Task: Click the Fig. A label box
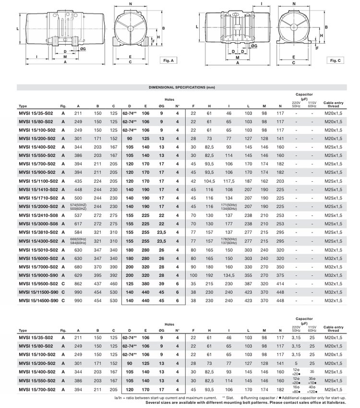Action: pyautogui.click(x=168, y=61)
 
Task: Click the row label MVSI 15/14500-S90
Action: pyautogui.click(x=38, y=300)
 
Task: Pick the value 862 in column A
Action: pyautogui.click(x=78, y=283)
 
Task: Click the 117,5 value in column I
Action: pyautogui.click(x=228, y=181)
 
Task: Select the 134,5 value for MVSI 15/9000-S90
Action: pyautogui.click(x=228, y=275)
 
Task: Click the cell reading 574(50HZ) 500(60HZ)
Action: pyautogui.click(x=78, y=207)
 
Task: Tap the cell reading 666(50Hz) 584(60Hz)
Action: pyautogui.click(x=78, y=241)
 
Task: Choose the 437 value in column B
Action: pyautogui.click(x=97, y=283)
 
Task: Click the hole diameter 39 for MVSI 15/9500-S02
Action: pyautogui.click(x=162, y=283)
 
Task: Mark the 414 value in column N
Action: pyautogui.click(x=280, y=283)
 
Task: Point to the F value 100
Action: pyautogui.click(x=193, y=275)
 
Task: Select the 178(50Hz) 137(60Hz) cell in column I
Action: pyautogui.click(x=228, y=241)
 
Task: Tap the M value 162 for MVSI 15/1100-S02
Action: pyautogui.click(x=264, y=181)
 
